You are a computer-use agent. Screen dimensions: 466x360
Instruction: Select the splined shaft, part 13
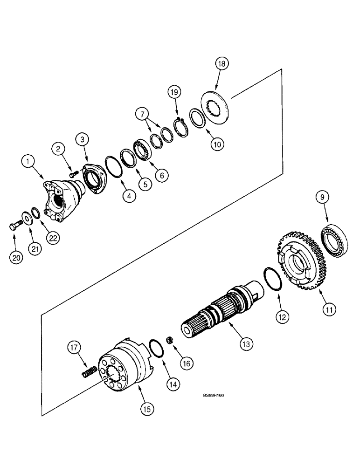(224, 310)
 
